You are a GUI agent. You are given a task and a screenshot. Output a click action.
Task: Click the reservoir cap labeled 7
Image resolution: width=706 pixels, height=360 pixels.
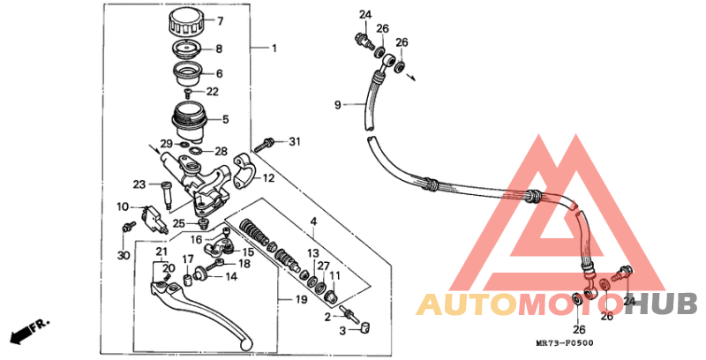(x=186, y=23)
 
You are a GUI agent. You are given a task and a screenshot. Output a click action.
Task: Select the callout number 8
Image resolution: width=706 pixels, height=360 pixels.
(x=219, y=49)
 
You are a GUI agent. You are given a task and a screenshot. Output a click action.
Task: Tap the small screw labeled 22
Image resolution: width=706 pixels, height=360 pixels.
(x=189, y=93)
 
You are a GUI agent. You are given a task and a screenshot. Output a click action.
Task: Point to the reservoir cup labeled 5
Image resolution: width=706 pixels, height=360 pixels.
(x=189, y=120)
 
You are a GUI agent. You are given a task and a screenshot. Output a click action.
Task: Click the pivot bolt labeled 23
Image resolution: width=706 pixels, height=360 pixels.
(x=165, y=194)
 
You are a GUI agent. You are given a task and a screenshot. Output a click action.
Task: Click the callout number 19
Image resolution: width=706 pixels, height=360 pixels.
(x=301, y=299)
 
